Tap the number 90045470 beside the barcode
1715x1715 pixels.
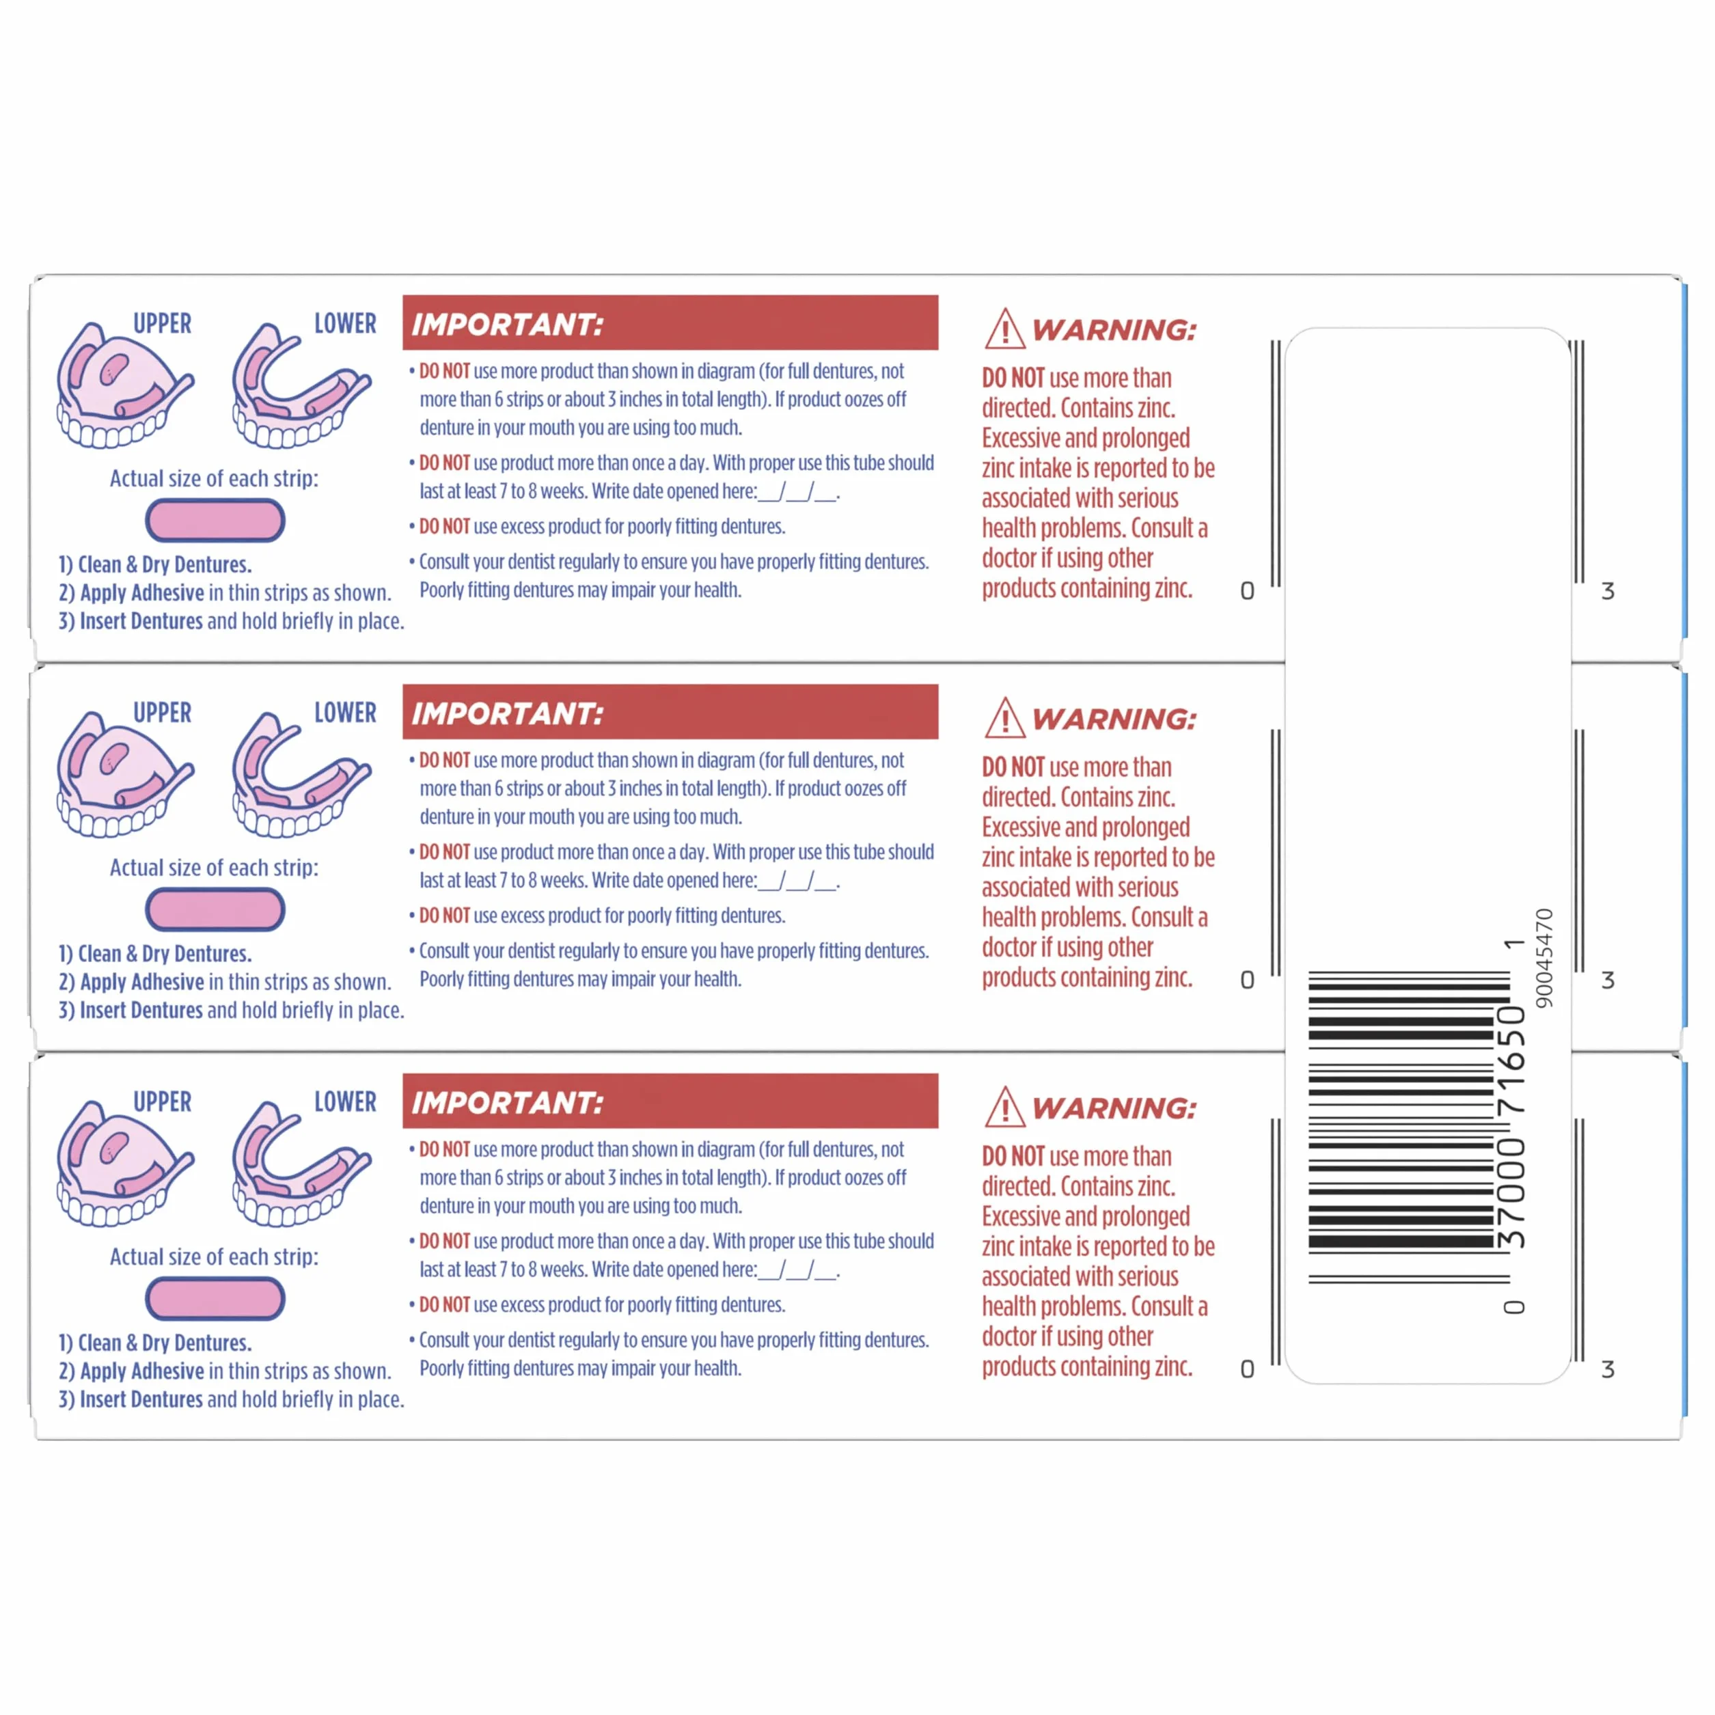pos(1545,958)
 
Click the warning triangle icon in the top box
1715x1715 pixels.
pos(1005,329)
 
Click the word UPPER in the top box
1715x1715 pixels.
pos(163,323)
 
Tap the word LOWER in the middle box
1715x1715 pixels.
pos(345,712)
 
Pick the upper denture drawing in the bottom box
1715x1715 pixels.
pos(124,1163)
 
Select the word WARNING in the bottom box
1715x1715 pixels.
pos(1114,1108)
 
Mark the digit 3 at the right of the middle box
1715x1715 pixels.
pos(1608,980)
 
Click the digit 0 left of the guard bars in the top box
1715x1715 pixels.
pos(1247,591)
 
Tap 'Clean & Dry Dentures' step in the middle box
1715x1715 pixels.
pos(155,953)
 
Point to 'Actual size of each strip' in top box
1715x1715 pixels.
pos(214,478)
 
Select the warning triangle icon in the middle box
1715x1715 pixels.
pos(1005,717)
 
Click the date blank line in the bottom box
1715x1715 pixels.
pos(798,1271)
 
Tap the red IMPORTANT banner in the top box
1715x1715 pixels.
pos(670,323)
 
